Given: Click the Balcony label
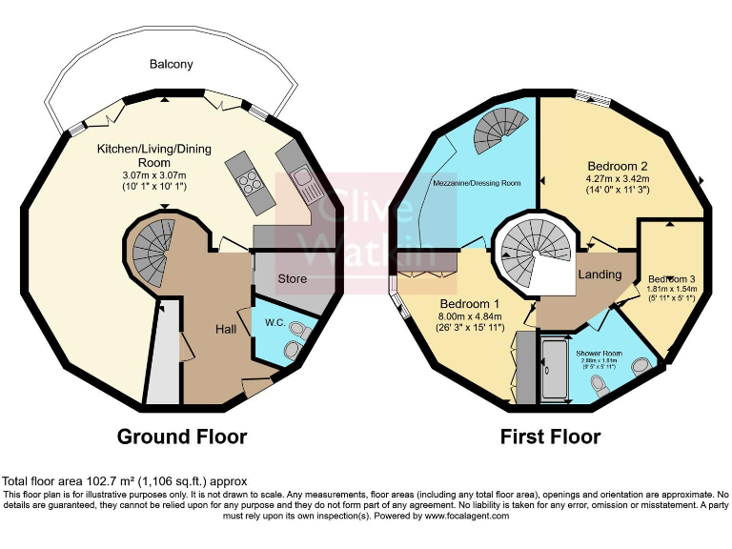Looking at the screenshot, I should pos(171,64).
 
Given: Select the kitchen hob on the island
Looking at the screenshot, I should pos(249,180).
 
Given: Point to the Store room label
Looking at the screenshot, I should pos(292,279).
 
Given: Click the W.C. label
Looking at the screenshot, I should pos(274,321).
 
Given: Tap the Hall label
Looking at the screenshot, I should pos(226,329).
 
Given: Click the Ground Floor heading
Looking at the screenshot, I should pos(181,437).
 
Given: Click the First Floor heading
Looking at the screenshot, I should pos(550,437).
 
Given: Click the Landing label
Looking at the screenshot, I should pos(599,274).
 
